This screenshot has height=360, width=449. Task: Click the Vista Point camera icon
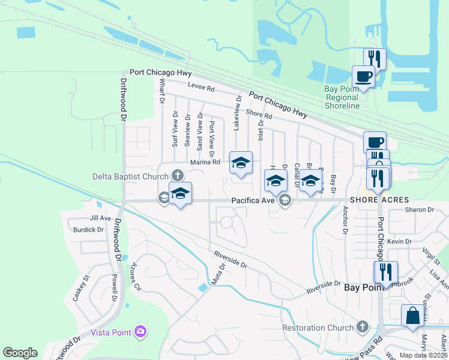[x=140, y=331]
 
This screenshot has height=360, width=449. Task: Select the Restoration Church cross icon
[x=361, y=327]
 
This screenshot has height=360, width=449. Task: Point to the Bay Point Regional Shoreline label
[x=342, y=97]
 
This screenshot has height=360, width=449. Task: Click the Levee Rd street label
[x=200, y=87]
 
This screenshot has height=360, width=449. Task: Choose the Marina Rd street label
[x=205, y=162]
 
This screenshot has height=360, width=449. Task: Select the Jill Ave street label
[x=100, y=218]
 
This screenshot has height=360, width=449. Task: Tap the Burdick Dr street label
[x=88, y=229]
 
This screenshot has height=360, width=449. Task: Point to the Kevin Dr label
[x=399, y=241]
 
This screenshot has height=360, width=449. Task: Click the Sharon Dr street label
[x=419, y=209]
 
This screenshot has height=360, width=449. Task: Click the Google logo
[x=20, y=353]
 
